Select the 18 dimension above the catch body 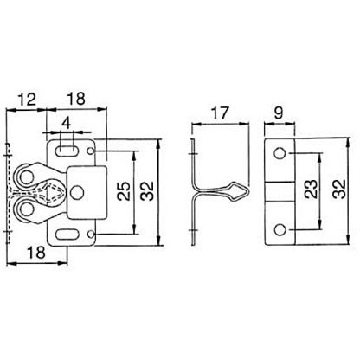pyautogui.click(x=76, y=100)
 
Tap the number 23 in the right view pyautogui.click(x=310, y=191)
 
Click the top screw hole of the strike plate pyautogui.click(x=280, y=152)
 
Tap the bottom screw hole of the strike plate pyautogui.click(x=280, y=229)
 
